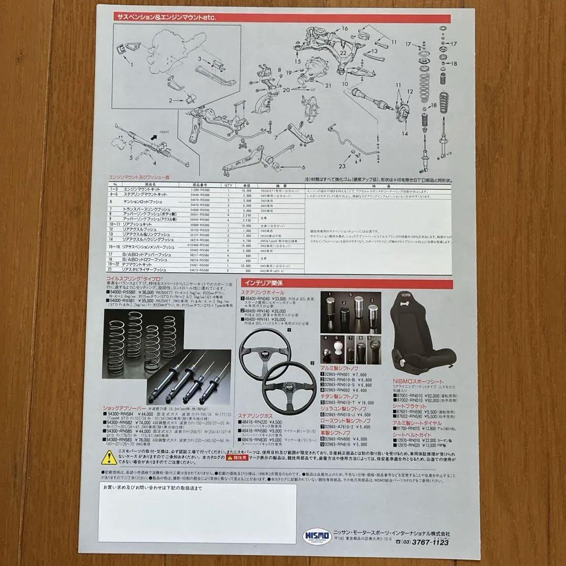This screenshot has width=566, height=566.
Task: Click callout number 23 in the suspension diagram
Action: (342, 166)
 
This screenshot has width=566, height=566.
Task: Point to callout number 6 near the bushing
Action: (303, 168)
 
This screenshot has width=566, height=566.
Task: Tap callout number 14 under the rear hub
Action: (405, 134)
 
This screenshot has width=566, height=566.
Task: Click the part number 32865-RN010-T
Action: (343, 402)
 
